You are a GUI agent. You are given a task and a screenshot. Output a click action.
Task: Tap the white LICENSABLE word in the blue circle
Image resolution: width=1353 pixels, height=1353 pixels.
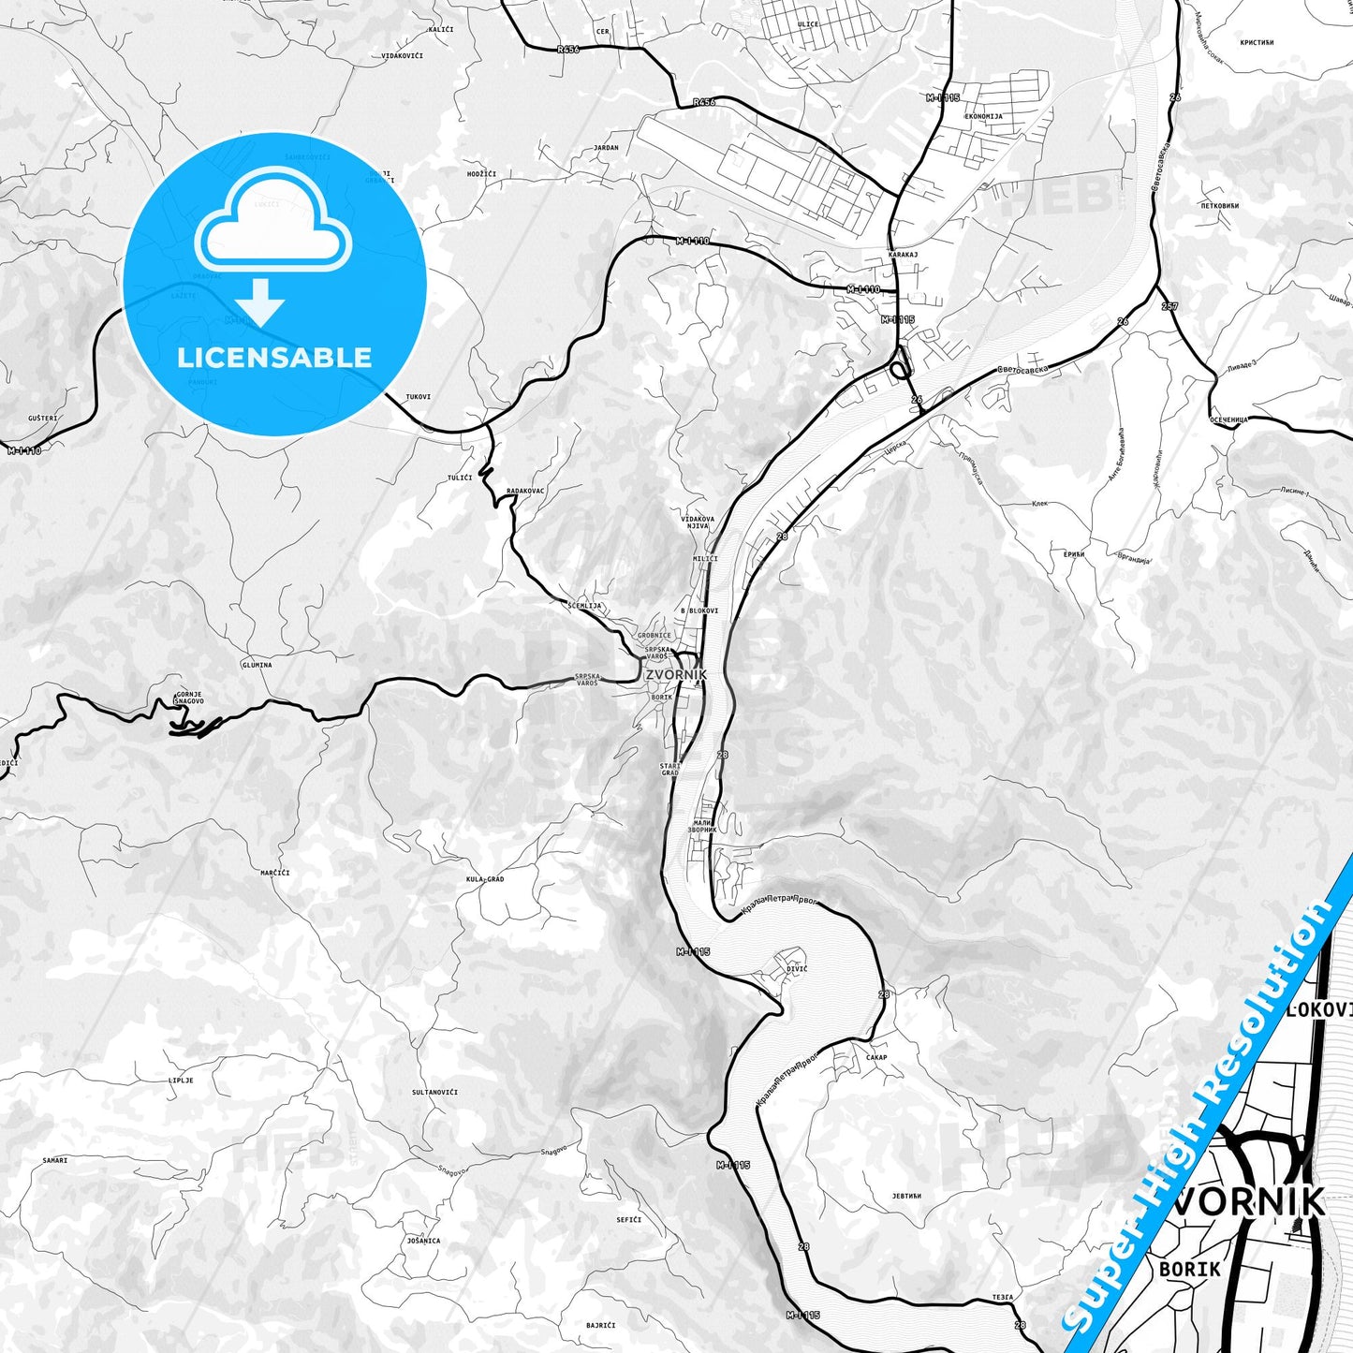point(274,358)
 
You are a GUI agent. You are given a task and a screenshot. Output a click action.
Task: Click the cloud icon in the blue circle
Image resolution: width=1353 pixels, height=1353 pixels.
point(272,220)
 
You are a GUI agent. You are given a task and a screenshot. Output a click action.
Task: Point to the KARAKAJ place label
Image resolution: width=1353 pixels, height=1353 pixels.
point(903,254)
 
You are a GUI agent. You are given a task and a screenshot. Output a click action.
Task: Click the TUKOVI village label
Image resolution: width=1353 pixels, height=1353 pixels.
point(418,396)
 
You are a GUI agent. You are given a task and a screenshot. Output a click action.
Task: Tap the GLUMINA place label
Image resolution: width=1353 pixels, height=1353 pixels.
point(257,665)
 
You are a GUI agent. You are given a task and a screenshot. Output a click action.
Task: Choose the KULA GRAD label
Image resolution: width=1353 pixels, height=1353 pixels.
point(485,879)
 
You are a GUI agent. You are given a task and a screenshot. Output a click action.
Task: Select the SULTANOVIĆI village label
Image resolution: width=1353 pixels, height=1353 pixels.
point(434,1092)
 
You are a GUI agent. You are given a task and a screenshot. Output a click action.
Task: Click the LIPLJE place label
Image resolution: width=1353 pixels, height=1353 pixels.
point(181,1080)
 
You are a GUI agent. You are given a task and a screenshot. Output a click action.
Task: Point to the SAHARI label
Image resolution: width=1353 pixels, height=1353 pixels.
point(54,1160)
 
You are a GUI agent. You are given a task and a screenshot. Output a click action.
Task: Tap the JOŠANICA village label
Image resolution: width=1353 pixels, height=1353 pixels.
point(424,1241)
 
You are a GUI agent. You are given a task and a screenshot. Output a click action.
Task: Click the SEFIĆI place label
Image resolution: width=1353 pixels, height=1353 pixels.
point(628,1219)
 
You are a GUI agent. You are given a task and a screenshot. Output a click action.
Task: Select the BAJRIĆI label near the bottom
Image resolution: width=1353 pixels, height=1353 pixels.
point(600,1325)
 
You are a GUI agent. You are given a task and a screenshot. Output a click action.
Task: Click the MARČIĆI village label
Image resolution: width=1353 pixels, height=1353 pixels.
point(275,873)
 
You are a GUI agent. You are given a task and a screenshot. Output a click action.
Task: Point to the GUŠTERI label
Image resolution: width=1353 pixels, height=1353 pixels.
point(43,418)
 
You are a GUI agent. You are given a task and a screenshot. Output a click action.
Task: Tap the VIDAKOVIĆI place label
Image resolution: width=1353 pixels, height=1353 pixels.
point(403,56)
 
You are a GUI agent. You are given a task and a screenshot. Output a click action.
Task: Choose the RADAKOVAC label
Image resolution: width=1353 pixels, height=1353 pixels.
point(524,491)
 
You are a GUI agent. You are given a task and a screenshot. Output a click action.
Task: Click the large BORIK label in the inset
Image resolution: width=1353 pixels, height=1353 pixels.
point(1189,1269)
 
